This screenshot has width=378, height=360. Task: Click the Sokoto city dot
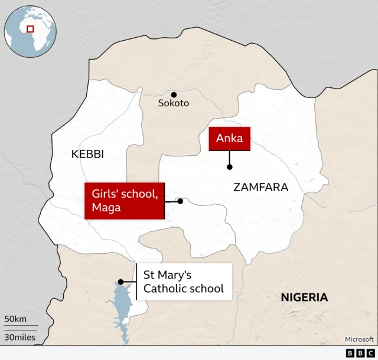coord(174,94)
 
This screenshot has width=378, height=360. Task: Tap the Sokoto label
coord(174,103)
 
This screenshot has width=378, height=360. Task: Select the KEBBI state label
coord(87,154)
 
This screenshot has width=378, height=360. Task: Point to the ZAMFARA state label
coord(260,188)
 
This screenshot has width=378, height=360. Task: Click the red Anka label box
coord(229,139)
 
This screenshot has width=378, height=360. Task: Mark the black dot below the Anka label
coord(229,167)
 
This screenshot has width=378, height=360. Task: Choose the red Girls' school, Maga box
coord(124,201)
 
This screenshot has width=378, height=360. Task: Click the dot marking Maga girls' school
coord(180,201)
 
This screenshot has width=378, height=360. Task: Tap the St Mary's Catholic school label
coord(183,282)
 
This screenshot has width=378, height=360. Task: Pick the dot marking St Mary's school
coord(120,282)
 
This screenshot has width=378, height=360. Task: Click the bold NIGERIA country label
coord(304,297)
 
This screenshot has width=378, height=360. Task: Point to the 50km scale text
coord(16,319)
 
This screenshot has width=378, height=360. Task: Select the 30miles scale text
coord(19,338)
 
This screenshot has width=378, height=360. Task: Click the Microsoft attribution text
coord(359,339)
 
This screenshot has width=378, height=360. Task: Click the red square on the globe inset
coord(30,28)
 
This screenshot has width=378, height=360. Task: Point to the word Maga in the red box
coord(106,208)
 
